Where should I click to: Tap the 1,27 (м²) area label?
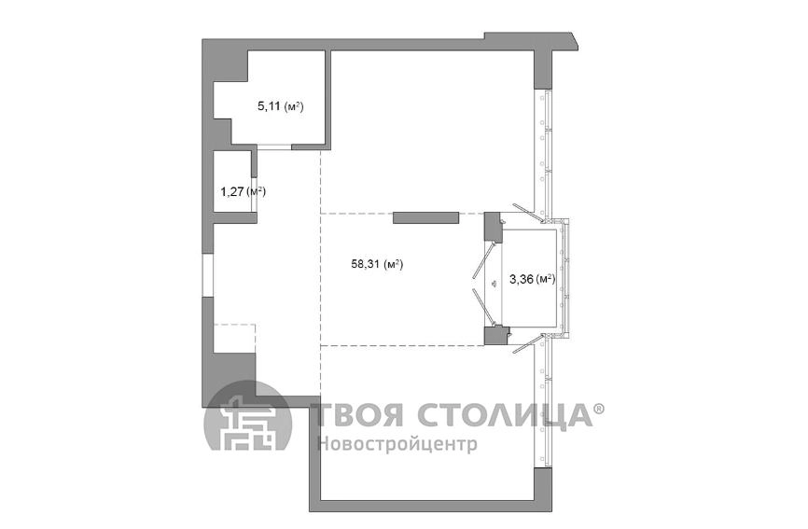[243, 192]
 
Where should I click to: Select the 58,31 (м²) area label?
[376, 264]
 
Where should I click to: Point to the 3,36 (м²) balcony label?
[533, 277]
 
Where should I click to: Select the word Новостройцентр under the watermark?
[397, 443]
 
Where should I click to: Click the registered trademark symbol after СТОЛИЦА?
[599, 409]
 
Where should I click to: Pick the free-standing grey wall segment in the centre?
[425, 217]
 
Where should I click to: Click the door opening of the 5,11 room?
[274, 147]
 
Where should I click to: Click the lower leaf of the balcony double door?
[486, 304]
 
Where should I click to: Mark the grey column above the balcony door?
[492, 227]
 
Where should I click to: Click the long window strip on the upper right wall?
[544, 149]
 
